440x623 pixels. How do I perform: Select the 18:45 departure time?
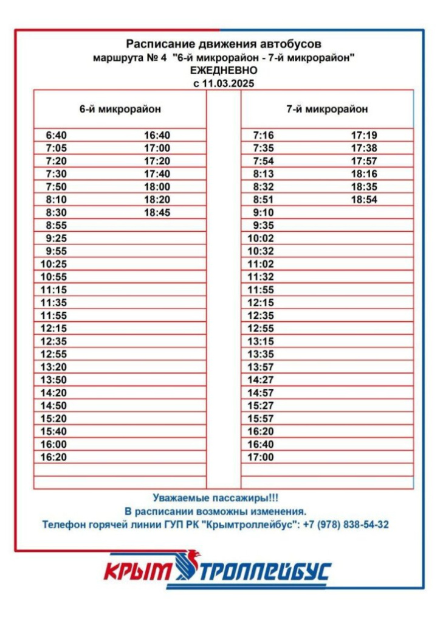[x=157, y=212]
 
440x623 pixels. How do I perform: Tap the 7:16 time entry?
[x=263, y=135]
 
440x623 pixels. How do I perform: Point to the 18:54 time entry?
[x=364, y=200]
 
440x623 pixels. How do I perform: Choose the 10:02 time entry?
[x=261, y=238]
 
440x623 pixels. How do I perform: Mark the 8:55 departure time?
[x=56, y=225]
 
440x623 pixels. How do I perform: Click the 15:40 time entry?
[x=53, y=431]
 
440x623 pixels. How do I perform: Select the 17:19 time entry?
[x=364, y=135]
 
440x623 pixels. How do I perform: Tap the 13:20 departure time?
[x=53, y=367]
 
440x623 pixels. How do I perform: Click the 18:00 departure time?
[x=157, y=187]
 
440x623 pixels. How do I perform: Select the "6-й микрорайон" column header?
[x=120, y=110]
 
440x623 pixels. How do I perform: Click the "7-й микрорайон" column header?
[x=327, y=110]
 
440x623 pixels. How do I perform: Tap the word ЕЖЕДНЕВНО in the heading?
[x=223, y=71]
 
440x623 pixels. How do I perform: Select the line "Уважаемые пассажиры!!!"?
[x=215, y=498]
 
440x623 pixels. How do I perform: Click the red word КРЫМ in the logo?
[x=137, y=571]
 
